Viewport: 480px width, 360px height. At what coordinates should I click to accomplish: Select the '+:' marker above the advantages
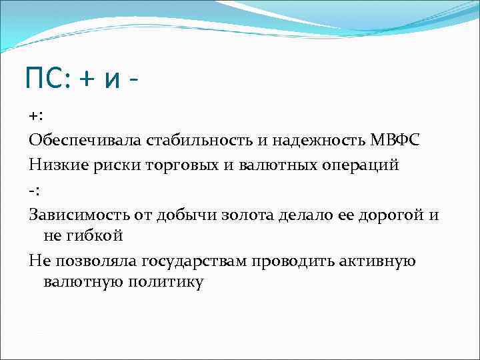coord(36,116)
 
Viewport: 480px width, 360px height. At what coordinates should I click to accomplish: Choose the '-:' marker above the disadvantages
coord(35,189)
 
